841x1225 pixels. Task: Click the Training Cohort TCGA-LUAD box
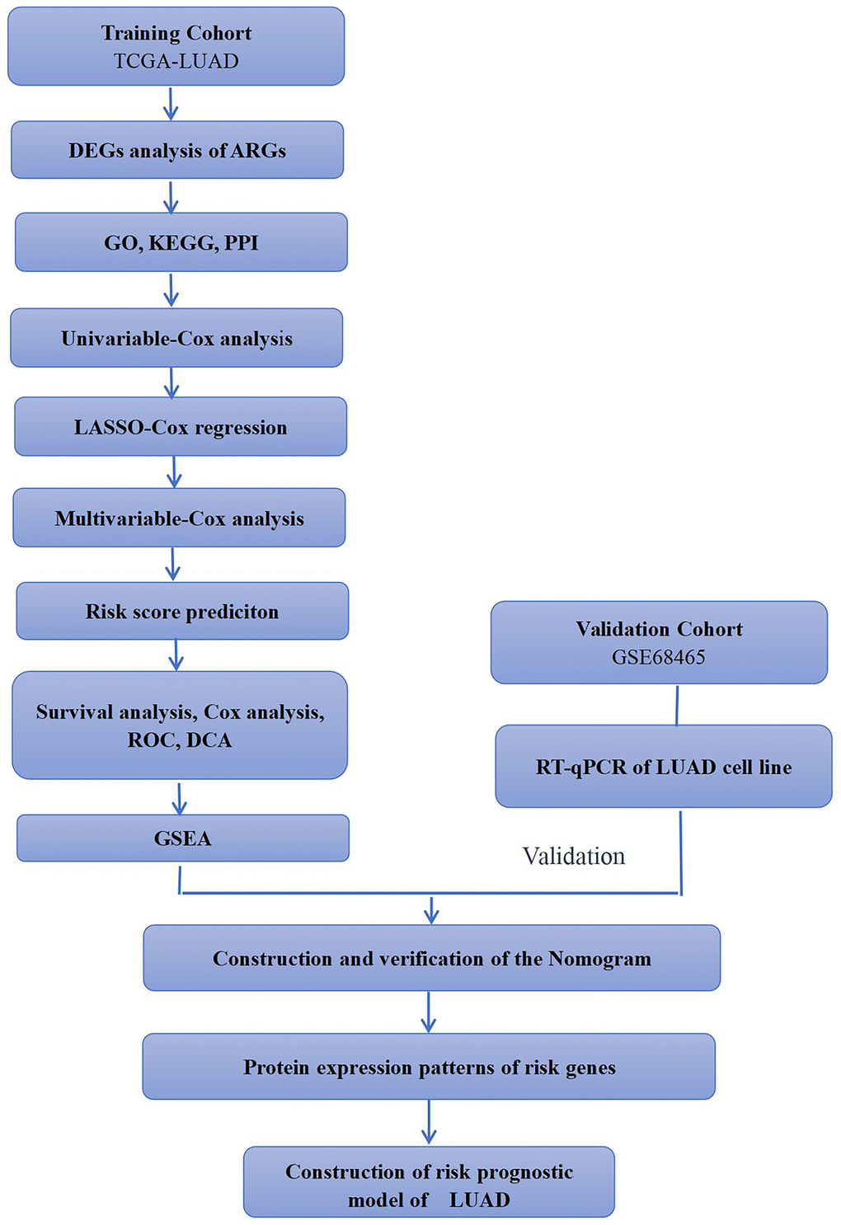[x=176, y=46]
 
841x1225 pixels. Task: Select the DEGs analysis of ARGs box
[x=176, y=150]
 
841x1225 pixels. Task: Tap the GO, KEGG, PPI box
[x=181, y=242]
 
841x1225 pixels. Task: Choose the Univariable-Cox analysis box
[x=176, y=338]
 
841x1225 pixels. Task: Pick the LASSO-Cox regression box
[x=180, y=427]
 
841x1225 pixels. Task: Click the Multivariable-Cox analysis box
[x=179, y=518]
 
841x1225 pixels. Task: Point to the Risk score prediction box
[x=181, y=611]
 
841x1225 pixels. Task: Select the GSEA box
[x=182, y=838]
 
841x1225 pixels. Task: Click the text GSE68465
[x=658, y=657]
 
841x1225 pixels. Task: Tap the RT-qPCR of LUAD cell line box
[x=663, y=767]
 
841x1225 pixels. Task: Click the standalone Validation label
[x=574, y=857]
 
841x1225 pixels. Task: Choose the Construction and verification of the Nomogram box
[x=431, y=958]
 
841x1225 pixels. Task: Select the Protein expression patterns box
[x=429, y=1067]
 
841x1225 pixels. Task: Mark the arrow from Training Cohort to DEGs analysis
[x=171, y=103]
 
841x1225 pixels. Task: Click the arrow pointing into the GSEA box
[x=180, y=797]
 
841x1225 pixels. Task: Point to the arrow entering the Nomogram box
[x=430, y=909]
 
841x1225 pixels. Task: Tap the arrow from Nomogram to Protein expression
[x=429, y=1011]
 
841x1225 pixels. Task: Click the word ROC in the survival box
[x=147, y=740]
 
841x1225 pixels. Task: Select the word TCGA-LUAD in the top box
[x=176, y=61]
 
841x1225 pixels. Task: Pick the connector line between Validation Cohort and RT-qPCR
[x=677, y=705]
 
